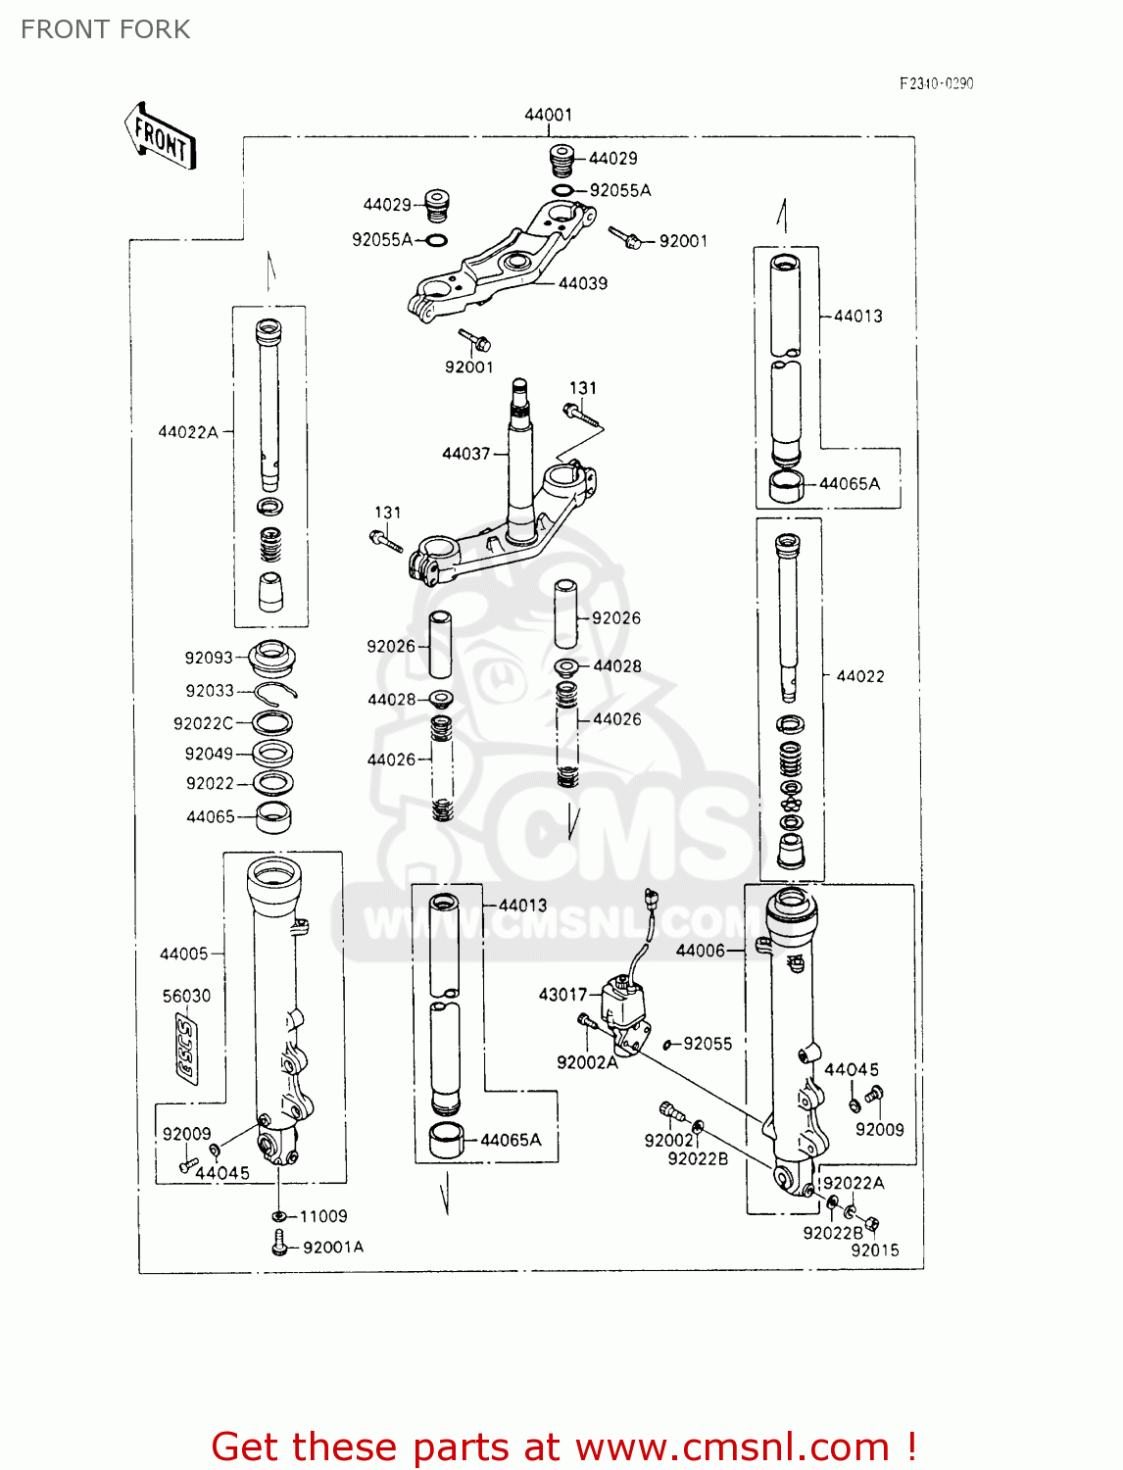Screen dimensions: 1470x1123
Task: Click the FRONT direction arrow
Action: click(x=161, y=137)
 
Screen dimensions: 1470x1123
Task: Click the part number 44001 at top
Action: click(x=548, y=115)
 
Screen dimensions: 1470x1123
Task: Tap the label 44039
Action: click(x=583, y=283)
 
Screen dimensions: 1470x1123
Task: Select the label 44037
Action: click(x=465, y=453)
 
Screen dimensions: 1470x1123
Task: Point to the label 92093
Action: click(x=209, y=658)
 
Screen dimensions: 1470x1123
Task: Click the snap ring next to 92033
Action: click(x=274, y=692)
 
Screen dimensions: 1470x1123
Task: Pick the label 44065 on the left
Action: click(x=211, y=816)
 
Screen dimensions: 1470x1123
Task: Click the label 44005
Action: click(x=184, y=954)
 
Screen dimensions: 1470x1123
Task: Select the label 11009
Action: click(x=323, y=1216)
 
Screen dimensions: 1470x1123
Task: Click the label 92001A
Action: click(x=333, y=1247)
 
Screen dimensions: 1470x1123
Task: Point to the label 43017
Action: click(x=562, y=994)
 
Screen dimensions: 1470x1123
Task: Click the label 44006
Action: click(x=701, y=950)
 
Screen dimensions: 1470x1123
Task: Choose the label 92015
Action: click(x=874, y=1249)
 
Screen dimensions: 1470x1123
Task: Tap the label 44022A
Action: click(x=188, y=431)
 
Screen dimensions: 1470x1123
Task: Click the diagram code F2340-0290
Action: click(x=936, y=83)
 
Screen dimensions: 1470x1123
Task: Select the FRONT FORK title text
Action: click(x=106, y=29)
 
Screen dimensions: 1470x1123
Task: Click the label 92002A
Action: click(x=587, y=1062)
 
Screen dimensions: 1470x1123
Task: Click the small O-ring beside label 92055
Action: click(x=667, y=1045)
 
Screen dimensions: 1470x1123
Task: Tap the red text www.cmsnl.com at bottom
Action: click(x=732, y=1446)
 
